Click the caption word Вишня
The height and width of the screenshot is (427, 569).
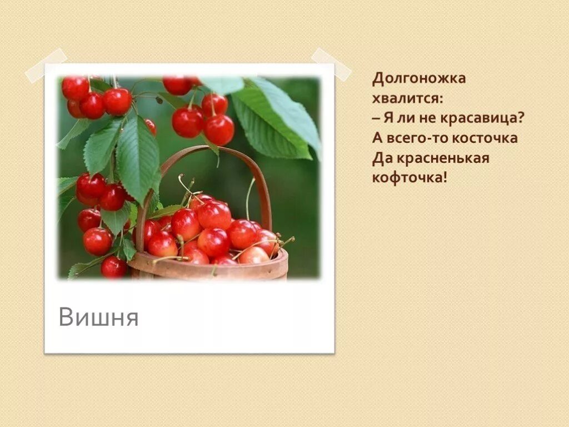[98, 317]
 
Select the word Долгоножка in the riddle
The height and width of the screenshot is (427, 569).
[419, 79]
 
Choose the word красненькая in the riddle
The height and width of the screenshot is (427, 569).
[443, 158]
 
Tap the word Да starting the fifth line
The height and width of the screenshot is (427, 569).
[382, 158]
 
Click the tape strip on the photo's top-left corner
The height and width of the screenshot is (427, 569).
[46, 66]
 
